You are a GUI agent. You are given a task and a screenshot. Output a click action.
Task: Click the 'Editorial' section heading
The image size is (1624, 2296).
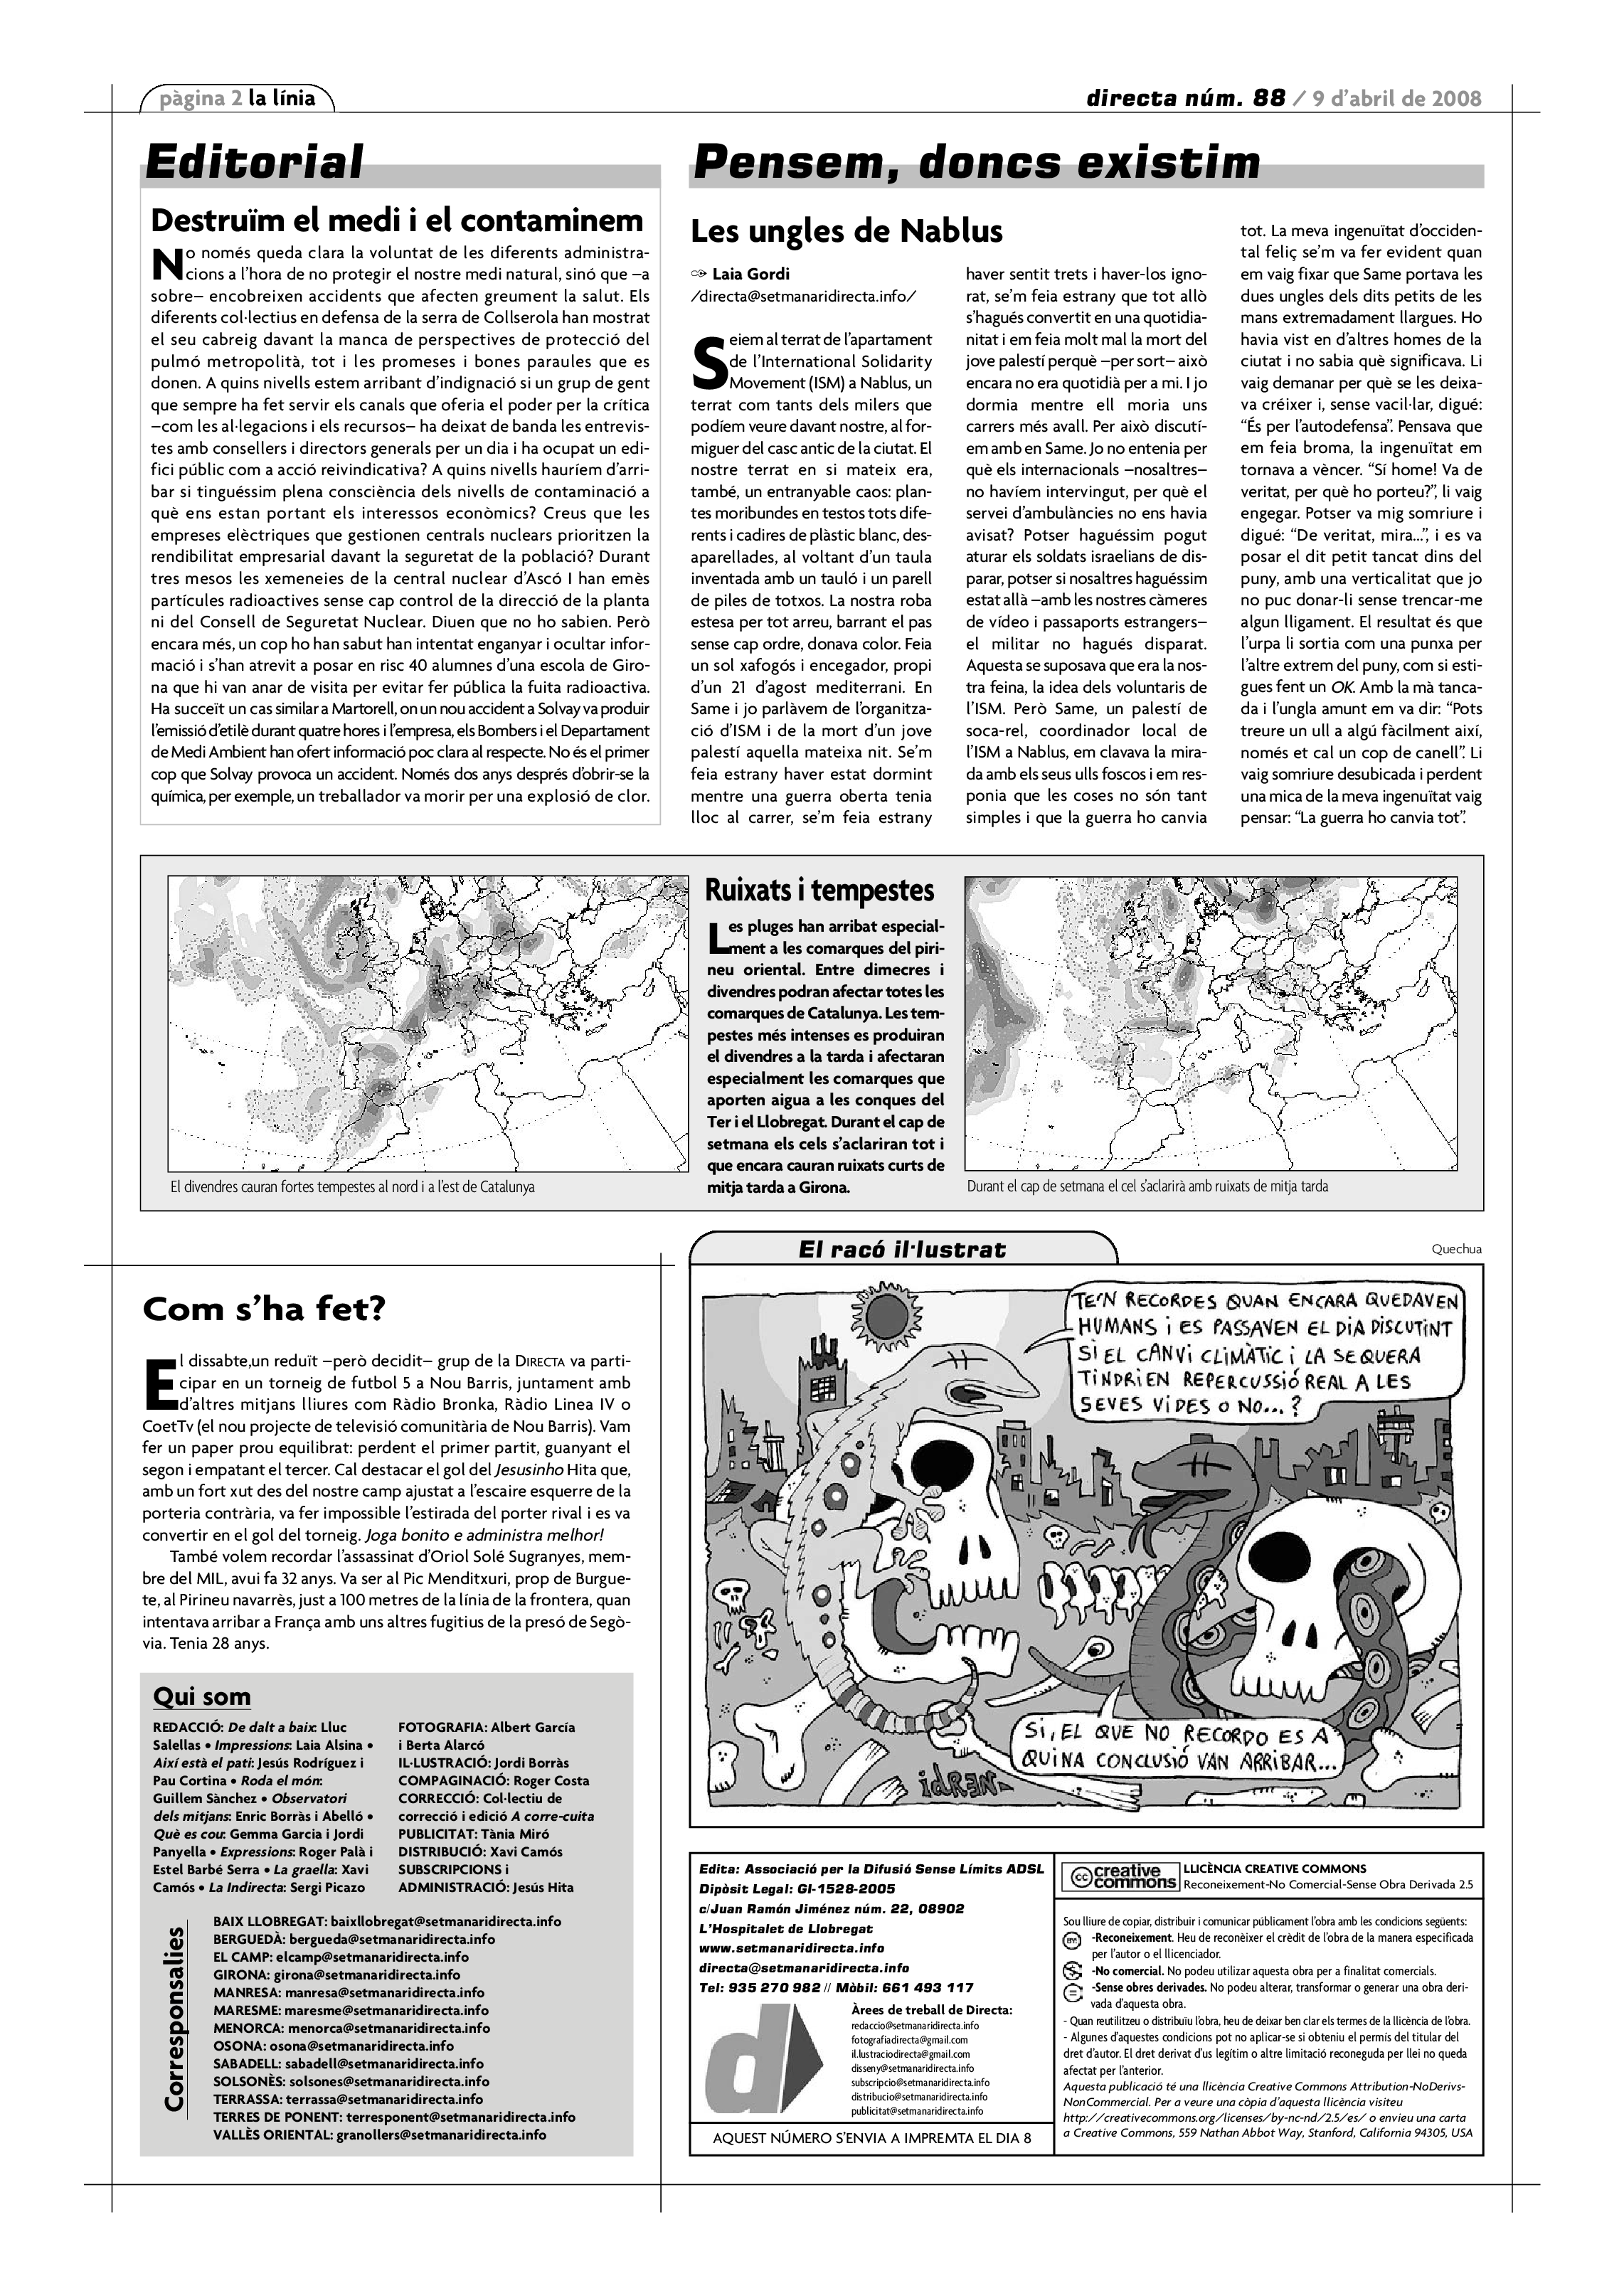point(254,162)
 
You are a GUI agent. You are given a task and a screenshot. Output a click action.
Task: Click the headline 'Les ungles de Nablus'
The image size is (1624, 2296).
point(846,231)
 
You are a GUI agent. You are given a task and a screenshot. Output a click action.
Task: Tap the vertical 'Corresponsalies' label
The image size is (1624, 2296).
point(174,2032)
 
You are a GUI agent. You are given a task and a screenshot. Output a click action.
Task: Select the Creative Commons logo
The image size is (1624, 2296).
point(1119,1877)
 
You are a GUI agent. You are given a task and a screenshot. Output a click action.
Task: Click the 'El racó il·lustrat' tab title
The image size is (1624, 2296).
point(902,1249)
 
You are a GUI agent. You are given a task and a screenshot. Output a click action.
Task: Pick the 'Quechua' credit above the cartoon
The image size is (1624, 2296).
point(1456,1248)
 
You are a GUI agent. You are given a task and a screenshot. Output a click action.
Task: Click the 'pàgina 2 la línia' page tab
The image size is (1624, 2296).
point(237,98)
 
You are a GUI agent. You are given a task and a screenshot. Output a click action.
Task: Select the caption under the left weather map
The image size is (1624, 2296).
point(352,1187)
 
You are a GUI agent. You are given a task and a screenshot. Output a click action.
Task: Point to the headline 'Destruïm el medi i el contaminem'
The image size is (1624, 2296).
point(397,220)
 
